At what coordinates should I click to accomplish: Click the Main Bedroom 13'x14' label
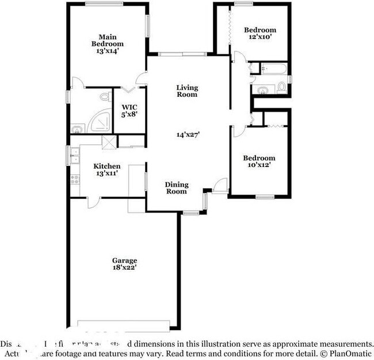tap(108, 44)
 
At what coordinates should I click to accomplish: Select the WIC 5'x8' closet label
tap(129, 110)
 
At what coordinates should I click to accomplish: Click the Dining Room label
tap(177, 188)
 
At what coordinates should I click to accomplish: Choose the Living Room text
tap(187, 91)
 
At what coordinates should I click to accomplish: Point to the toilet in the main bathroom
tap(105, 97)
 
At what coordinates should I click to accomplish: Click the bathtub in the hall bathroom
tap(274, 70)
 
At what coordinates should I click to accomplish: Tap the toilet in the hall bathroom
tap(281, 88)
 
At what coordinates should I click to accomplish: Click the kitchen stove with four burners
tap(74, 179)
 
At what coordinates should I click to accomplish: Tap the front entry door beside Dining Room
tap(219, 186)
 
